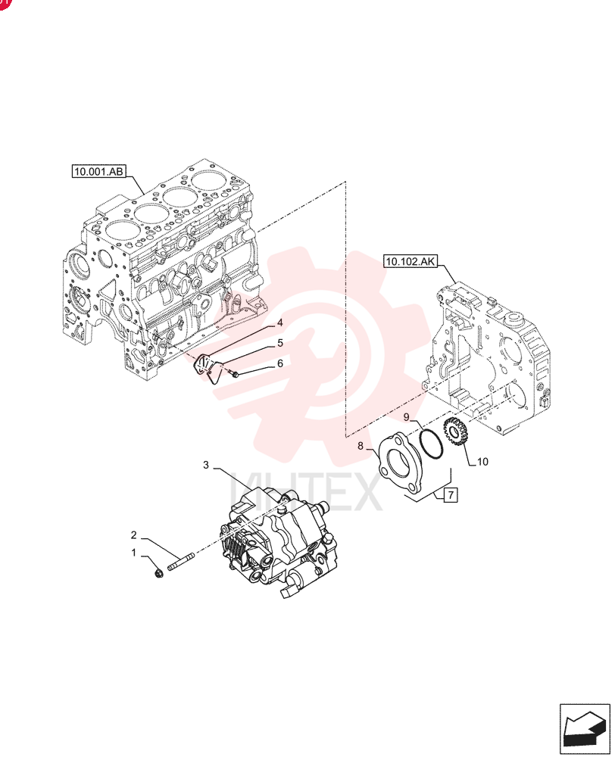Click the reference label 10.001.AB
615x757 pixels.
click(x=98, y=171)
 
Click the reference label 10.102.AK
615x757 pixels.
click(x=411, y=262)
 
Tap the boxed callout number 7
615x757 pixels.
click(x=450, y=495)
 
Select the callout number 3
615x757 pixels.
click(x=206, y=465)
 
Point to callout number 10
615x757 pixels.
click(x=482, y=462)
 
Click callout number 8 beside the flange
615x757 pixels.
click(x=360, y=446)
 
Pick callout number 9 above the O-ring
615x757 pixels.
click(x=406, y=416)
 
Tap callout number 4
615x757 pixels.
click(x=279, y=323)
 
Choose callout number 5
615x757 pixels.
click(x=279, y=343)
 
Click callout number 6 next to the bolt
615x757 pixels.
click(x=279, y=363)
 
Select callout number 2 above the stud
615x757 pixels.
click(x=134, y=535)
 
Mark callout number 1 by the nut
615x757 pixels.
click(x=134, y=553)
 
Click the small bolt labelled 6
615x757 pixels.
click(x=234, y=373)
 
